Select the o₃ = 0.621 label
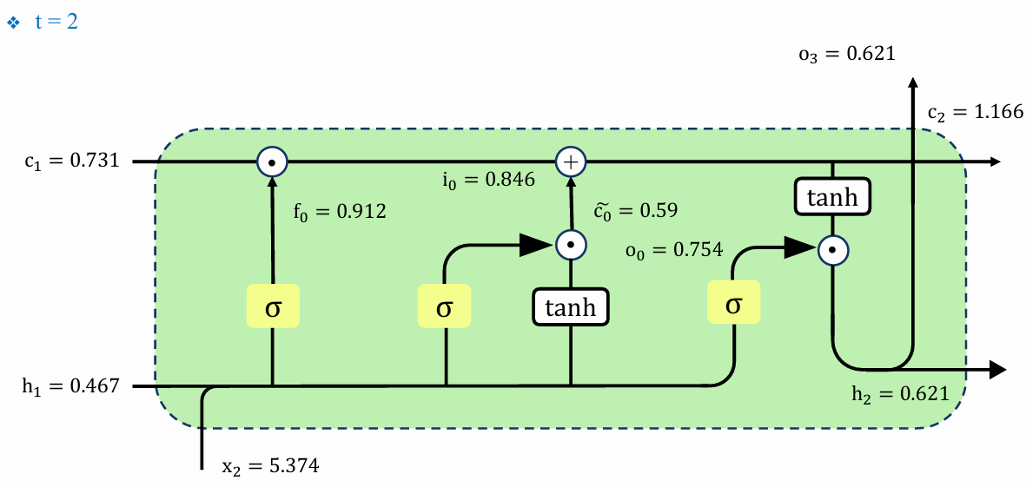846,54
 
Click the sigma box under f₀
273,306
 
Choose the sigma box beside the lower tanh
445,306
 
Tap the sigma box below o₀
734,302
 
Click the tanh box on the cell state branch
833,195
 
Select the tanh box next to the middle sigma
572,306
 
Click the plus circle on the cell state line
571,161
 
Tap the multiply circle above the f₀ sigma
272,161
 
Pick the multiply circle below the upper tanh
833,249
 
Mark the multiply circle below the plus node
572,245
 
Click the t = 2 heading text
56,22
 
